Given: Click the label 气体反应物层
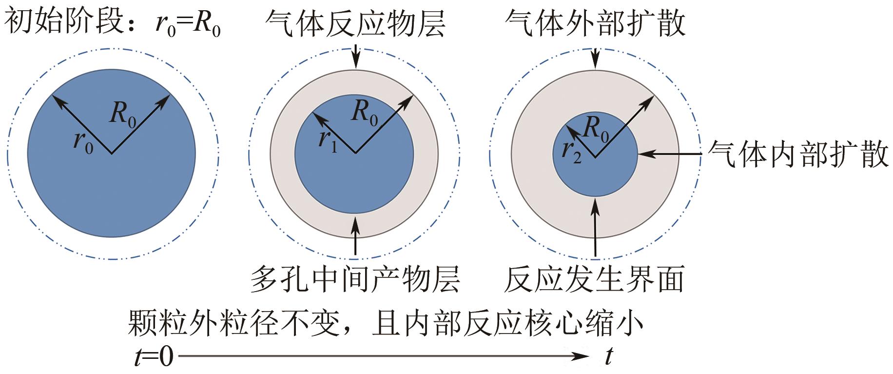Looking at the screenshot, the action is point(355,23).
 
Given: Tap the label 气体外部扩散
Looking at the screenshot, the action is point(595,23).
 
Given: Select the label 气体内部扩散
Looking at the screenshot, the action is point(797,154).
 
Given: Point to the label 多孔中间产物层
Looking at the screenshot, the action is point(355,278).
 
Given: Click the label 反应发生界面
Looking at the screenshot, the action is point(594,278).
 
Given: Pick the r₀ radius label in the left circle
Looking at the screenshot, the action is point(83,142).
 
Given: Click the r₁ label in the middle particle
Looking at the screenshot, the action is point(328,141).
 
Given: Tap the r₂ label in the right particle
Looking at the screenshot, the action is point(571,151).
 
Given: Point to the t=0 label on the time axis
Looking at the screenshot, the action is point(154,357).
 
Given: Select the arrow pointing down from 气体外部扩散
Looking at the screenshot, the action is point(595,58).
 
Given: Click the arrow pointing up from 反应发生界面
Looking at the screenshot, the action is point(595,227).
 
